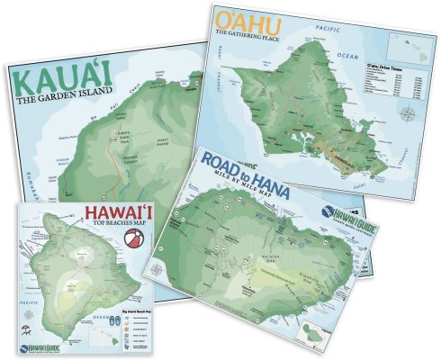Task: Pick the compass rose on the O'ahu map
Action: click(409, 114)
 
